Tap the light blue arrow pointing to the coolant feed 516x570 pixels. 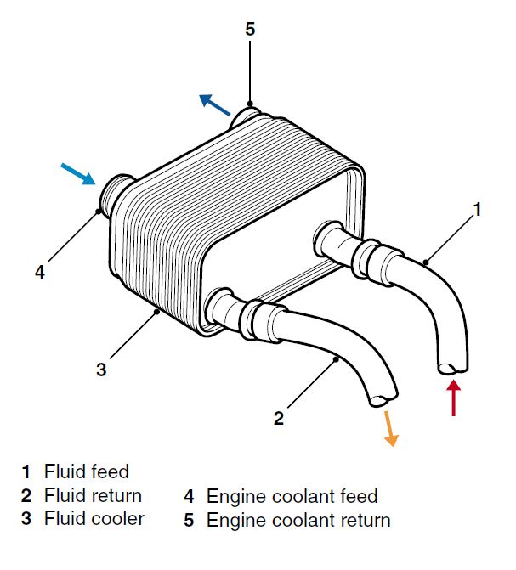coord(78,173)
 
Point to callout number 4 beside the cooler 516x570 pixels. coord(39,272)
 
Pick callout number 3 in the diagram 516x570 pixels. coord(101,370)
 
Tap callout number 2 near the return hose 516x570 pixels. coord(278,418)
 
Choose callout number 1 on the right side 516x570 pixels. coord(478,209)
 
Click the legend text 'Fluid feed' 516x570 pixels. coord(87,471)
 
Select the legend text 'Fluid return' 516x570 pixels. coord(94,495)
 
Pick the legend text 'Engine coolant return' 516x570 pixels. coord(298,520)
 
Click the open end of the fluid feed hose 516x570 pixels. coord(452,367)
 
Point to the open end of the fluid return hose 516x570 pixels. coord(383,396)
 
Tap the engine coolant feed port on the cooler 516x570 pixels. coord(113,195)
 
